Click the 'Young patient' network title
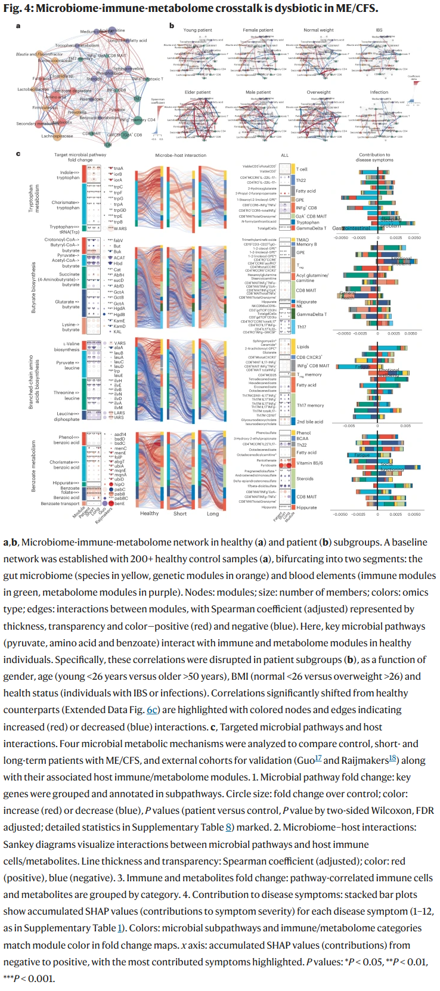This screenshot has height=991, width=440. coord(197,30)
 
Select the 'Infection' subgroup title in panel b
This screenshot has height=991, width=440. coord(379,92)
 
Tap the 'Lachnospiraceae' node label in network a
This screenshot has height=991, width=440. coord(57,136)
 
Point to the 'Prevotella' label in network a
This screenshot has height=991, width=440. coord(77,112)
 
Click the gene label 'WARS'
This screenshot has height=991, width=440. coord(120,228)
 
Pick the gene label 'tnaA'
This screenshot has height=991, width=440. coord(118,169)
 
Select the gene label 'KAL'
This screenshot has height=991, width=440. coord(117,332)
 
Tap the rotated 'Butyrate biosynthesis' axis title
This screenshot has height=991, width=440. coord(34,287)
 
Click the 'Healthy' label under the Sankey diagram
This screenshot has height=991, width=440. coord(149,513)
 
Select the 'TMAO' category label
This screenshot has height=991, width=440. coord(303,240)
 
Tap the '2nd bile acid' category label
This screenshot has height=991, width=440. coord(310,422)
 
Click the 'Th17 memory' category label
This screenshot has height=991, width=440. coord(311,405)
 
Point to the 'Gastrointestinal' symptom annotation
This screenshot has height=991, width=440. coord(351,228)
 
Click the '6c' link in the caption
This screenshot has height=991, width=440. coord(153,710)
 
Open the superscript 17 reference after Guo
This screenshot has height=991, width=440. coord(318,758)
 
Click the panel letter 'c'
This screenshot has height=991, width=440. coord(18,154)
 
